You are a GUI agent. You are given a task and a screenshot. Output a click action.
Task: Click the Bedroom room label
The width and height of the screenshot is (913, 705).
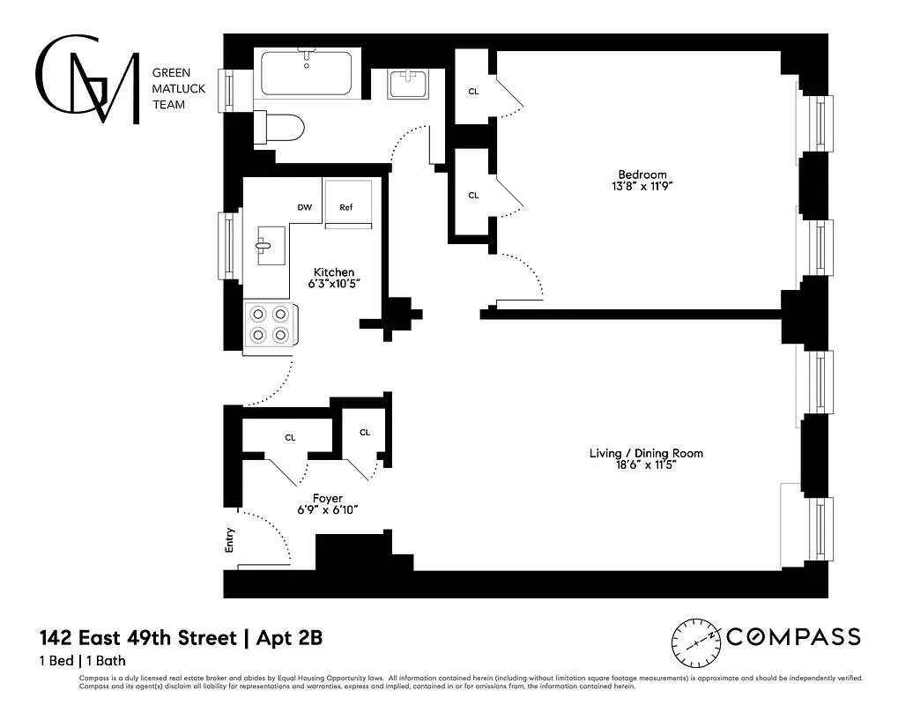(x=642, y=174)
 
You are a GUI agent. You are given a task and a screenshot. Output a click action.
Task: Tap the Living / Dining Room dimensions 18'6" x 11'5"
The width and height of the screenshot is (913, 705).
(x=646, y=465)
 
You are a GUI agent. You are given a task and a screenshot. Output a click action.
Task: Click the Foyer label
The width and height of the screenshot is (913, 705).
(x=328, y=498)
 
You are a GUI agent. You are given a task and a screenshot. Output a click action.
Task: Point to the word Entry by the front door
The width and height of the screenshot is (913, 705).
(x=230, y=538)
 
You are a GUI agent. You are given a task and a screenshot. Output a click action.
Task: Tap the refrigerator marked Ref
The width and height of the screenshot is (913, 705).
(x=346, y=207)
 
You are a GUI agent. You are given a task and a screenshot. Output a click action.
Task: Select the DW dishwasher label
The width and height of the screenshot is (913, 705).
(x=304, y=208)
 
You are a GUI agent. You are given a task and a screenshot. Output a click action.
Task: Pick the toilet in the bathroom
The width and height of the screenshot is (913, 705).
(x=279, y=129)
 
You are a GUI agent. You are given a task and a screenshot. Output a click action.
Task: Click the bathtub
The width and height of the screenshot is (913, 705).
(x=306, y=71)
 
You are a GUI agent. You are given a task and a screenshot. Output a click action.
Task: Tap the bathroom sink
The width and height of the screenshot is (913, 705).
(x=408, y=85)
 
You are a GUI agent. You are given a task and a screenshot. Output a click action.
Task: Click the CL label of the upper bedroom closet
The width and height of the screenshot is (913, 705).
(x=473, y=91)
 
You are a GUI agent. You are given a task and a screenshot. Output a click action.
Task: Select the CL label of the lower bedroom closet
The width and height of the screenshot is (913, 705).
(x=473, y=196)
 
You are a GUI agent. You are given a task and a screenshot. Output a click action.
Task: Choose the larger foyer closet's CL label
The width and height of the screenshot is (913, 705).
(x=290, y=437)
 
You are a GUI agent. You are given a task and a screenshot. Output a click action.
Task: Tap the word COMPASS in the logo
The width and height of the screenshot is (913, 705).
(x=793, y=637)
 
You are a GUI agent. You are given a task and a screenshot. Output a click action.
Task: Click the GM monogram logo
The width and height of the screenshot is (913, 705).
(x=87, y=79)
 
